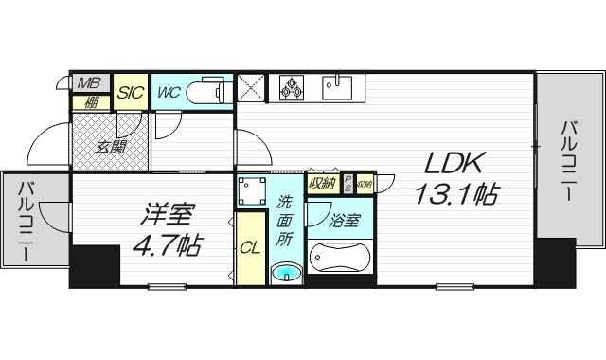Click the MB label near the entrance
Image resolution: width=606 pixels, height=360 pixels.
[89, 82]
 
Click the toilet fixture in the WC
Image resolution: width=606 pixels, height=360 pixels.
[209, 92]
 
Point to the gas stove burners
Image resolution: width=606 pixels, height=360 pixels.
[292, 88]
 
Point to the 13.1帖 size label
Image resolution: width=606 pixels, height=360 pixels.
[455, 194]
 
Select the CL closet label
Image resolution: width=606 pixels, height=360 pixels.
[250, 249]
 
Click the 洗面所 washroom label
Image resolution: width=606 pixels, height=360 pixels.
[284, 221]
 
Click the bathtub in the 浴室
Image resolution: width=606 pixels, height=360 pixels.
[342, 259]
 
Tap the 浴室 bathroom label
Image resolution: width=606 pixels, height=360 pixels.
[344, 222]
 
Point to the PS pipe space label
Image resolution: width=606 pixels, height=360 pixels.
[348, 183]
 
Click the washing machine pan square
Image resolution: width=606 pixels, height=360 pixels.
[252, 191]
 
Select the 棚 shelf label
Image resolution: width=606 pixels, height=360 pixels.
[90, 102]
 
